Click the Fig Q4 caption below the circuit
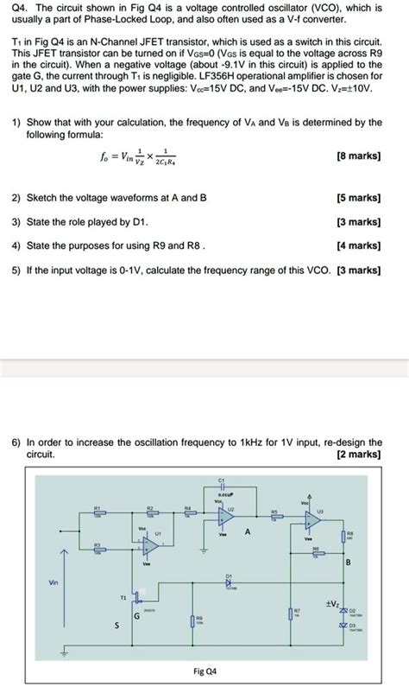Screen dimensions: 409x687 tap(204, 671)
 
